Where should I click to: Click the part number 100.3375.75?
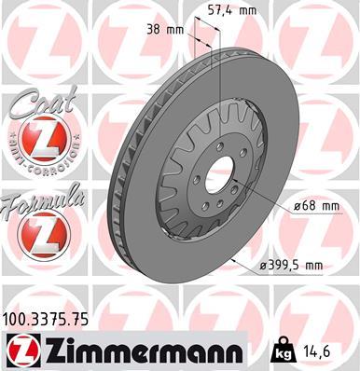48,319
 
